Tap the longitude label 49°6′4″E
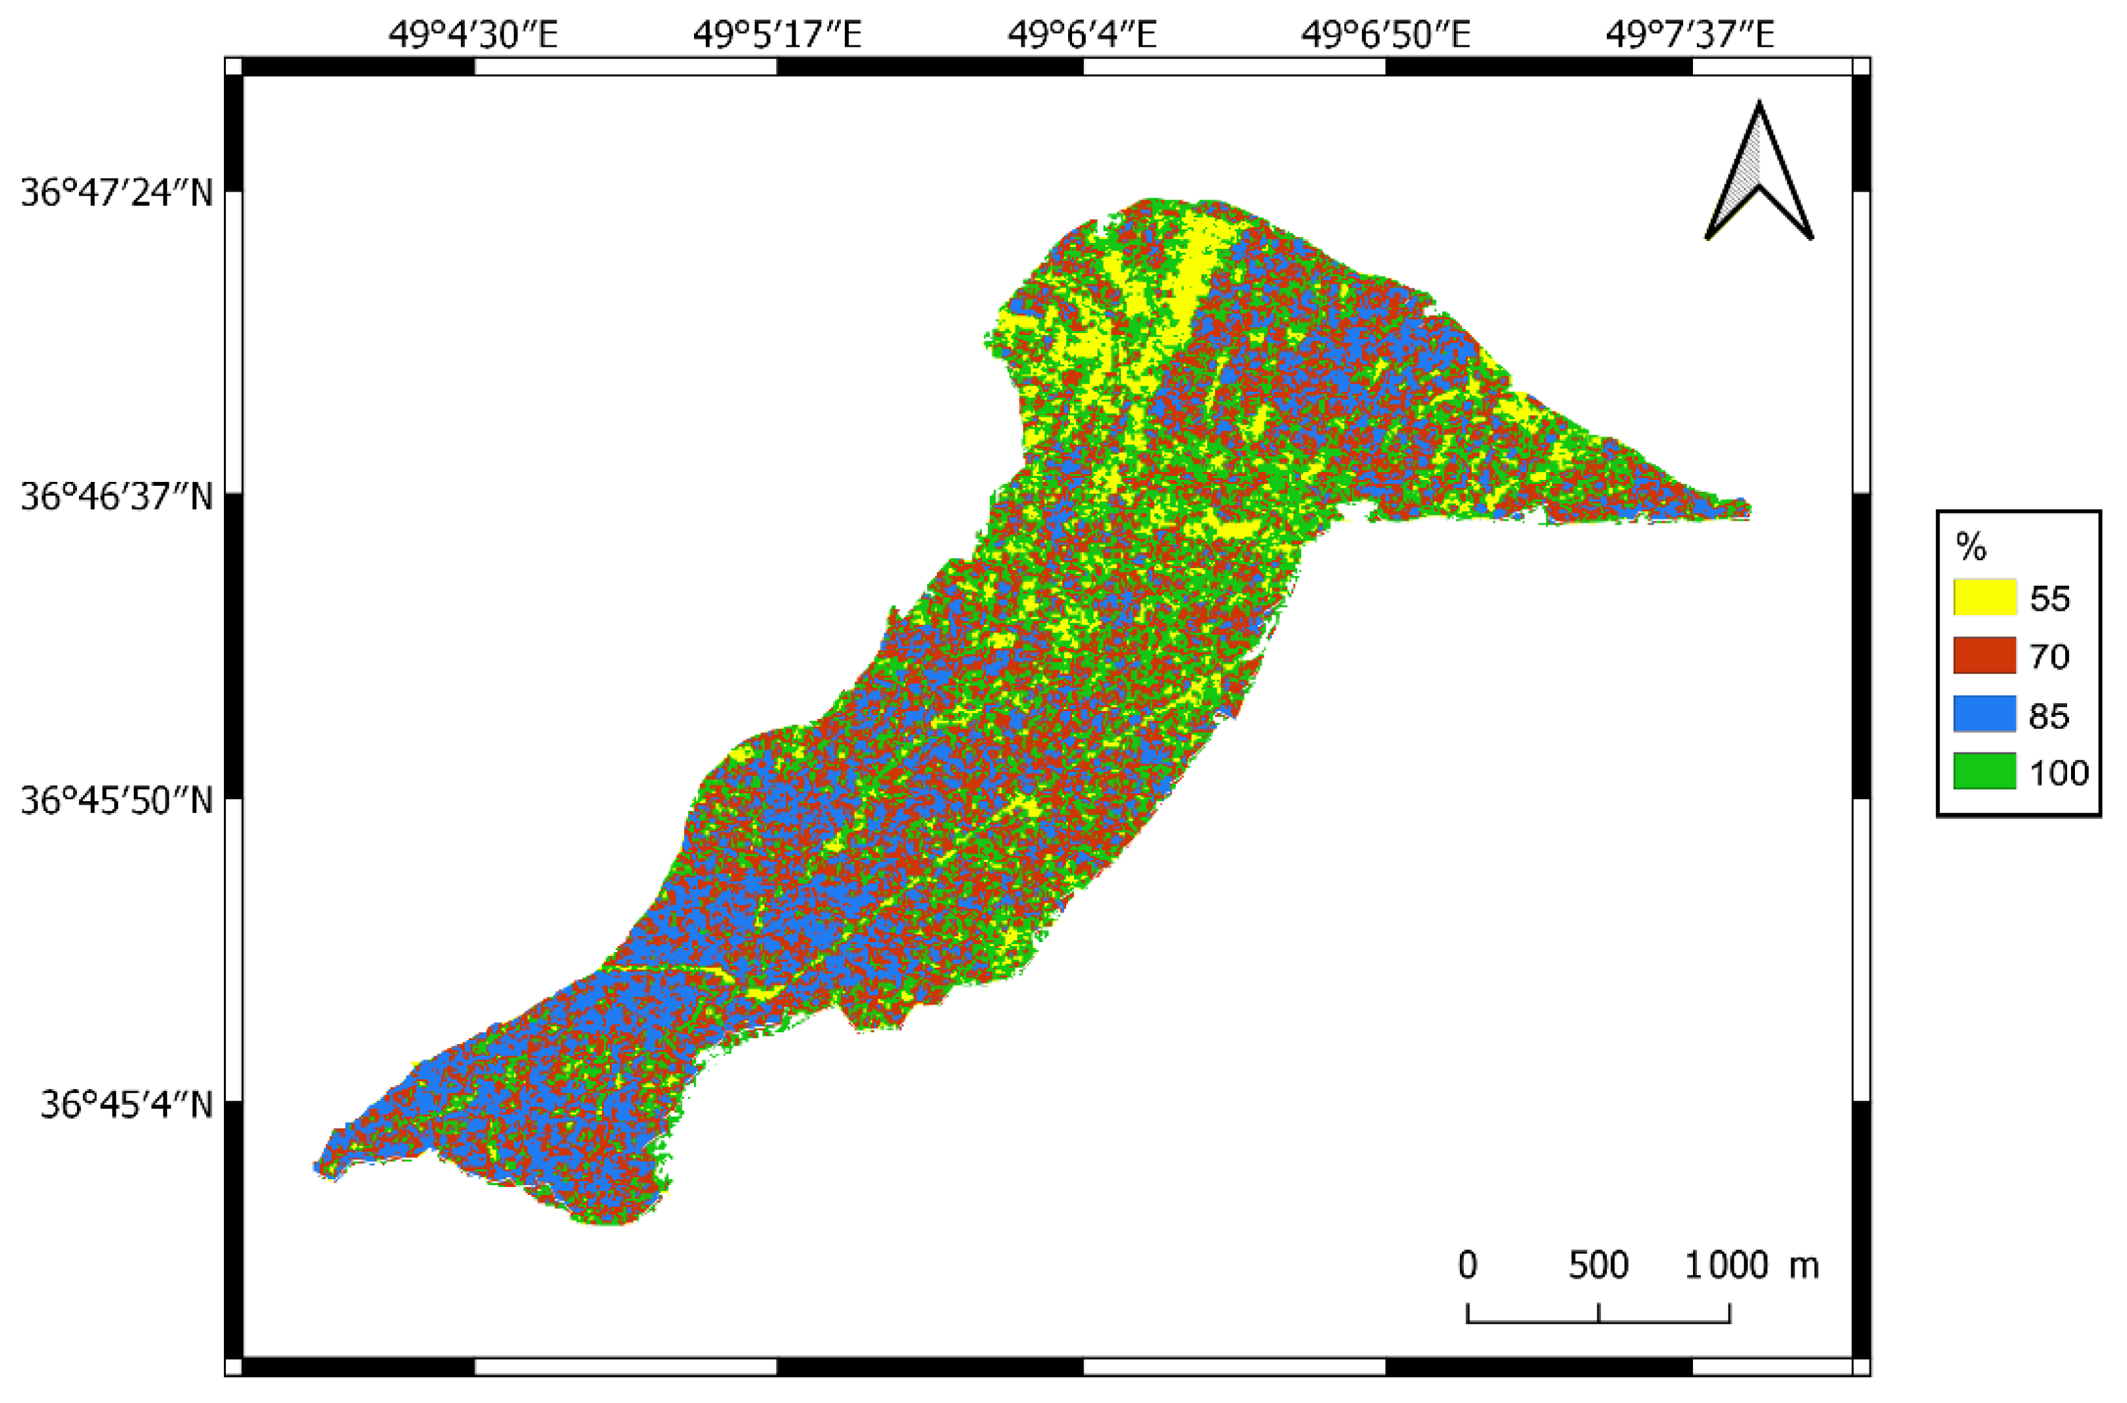[1082, 35]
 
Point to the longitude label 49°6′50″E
[1386, 35]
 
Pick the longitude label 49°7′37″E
[1690, 35]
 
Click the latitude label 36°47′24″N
[117, 192]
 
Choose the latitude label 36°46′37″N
[117, 496]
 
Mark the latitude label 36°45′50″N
[117, 801]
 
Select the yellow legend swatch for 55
[1984, 596]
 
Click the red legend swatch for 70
[1984, 655]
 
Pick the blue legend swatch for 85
[1984, 714]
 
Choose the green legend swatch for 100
[1984, 772]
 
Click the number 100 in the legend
[2058, 773]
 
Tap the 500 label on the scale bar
[1598, 1266]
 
